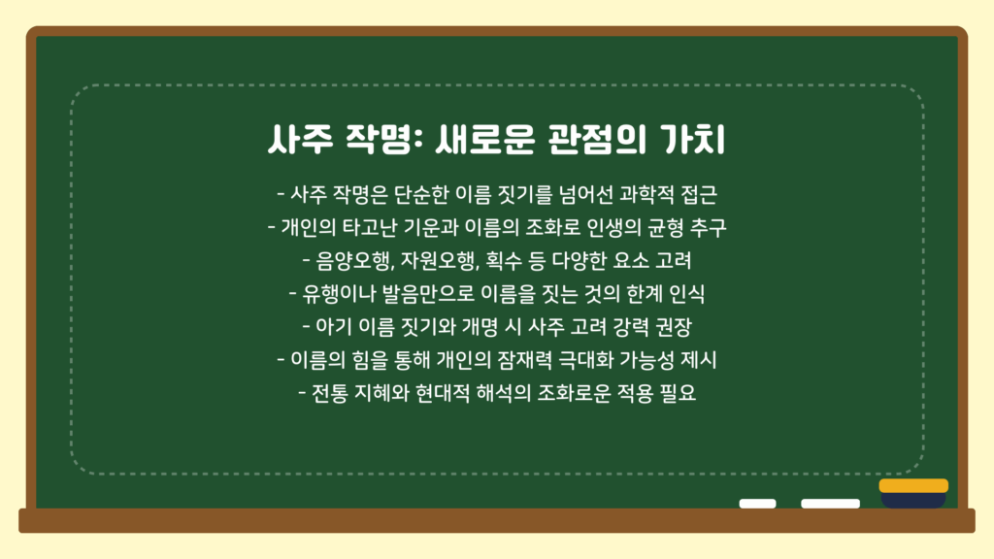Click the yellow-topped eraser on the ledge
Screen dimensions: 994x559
pyautogui.click(x=913, y=493)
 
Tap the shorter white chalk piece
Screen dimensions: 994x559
pyautogui.click(x=757, y=504)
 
